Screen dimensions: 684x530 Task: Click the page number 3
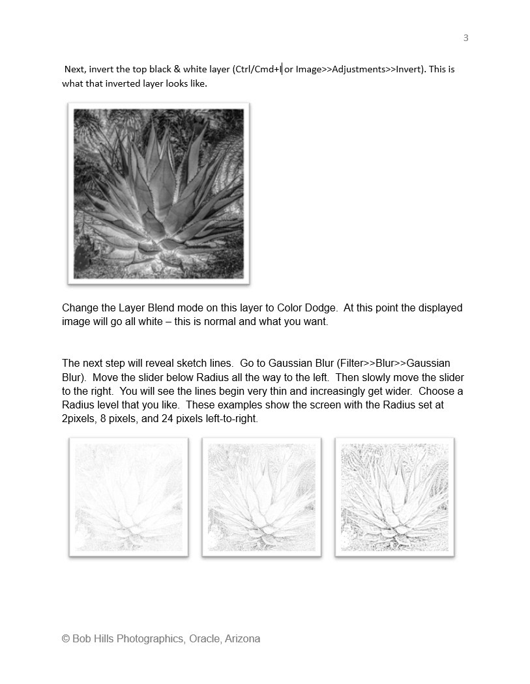point(465,38)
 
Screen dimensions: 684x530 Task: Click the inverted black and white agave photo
point(158,193)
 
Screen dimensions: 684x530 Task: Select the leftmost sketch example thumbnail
point(128,497)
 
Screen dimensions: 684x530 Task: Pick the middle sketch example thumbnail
point(261,497)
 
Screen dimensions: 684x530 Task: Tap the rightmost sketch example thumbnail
point(394,497)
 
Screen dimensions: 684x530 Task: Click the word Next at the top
point(75,69)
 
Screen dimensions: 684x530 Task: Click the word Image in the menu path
point(308,69)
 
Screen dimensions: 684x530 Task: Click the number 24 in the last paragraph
point(167,419)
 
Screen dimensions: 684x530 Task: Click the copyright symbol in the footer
point(66,639)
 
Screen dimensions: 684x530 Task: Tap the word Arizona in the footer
point(243,639)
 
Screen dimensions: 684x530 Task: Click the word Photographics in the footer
point(151,639)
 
